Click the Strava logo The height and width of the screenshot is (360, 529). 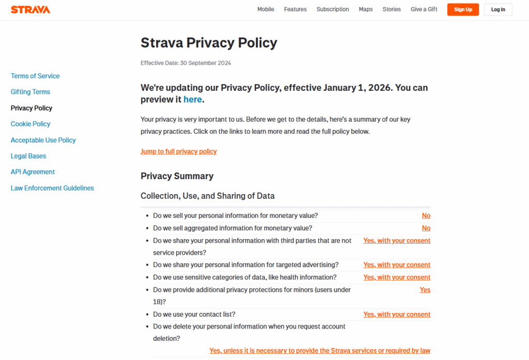pyautogui.click(x=30, y=9)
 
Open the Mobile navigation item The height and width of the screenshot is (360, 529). pyautogui.click(x=266, y=9)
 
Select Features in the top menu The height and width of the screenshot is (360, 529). pyautogui.click(x=295, y=9)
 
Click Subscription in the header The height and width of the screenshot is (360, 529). pyautogui.click(x=333, y=9)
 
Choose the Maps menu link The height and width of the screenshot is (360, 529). pyautogui.click(x=366, y=9)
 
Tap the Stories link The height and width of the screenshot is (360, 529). pyautogui.click(x=392, y=9)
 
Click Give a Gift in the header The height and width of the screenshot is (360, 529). pyautogui.click(x=424, y=9)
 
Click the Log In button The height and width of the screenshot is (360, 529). pyautogui.click(x=498, y=9)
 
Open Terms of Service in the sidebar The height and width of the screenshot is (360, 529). pyautogui.click(x=35, y=76)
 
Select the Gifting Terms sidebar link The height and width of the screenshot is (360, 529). pyautogui.click(x=30, y=92)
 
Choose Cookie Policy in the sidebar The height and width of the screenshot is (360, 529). pyautogui.click(x=30, y=124)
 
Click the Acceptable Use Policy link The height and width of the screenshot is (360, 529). pyautogui.click(x=43, y=140)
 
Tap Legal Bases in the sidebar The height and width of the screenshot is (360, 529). pyautogui.click(x=28, y=156)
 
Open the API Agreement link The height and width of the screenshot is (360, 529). pyautogui.click(x=33, y=172)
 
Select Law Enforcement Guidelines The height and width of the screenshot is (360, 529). pyautogui.click(x=52, y=188)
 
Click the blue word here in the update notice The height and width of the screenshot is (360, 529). pyautogui.click(x=193, y=100)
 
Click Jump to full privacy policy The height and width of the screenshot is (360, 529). pyautogui.click(x=179, y=151)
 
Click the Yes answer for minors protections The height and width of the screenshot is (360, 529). pyautogui.click(x=425, y=290)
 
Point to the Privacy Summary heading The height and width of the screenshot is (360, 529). pyautogui.click(x=177, y=176)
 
